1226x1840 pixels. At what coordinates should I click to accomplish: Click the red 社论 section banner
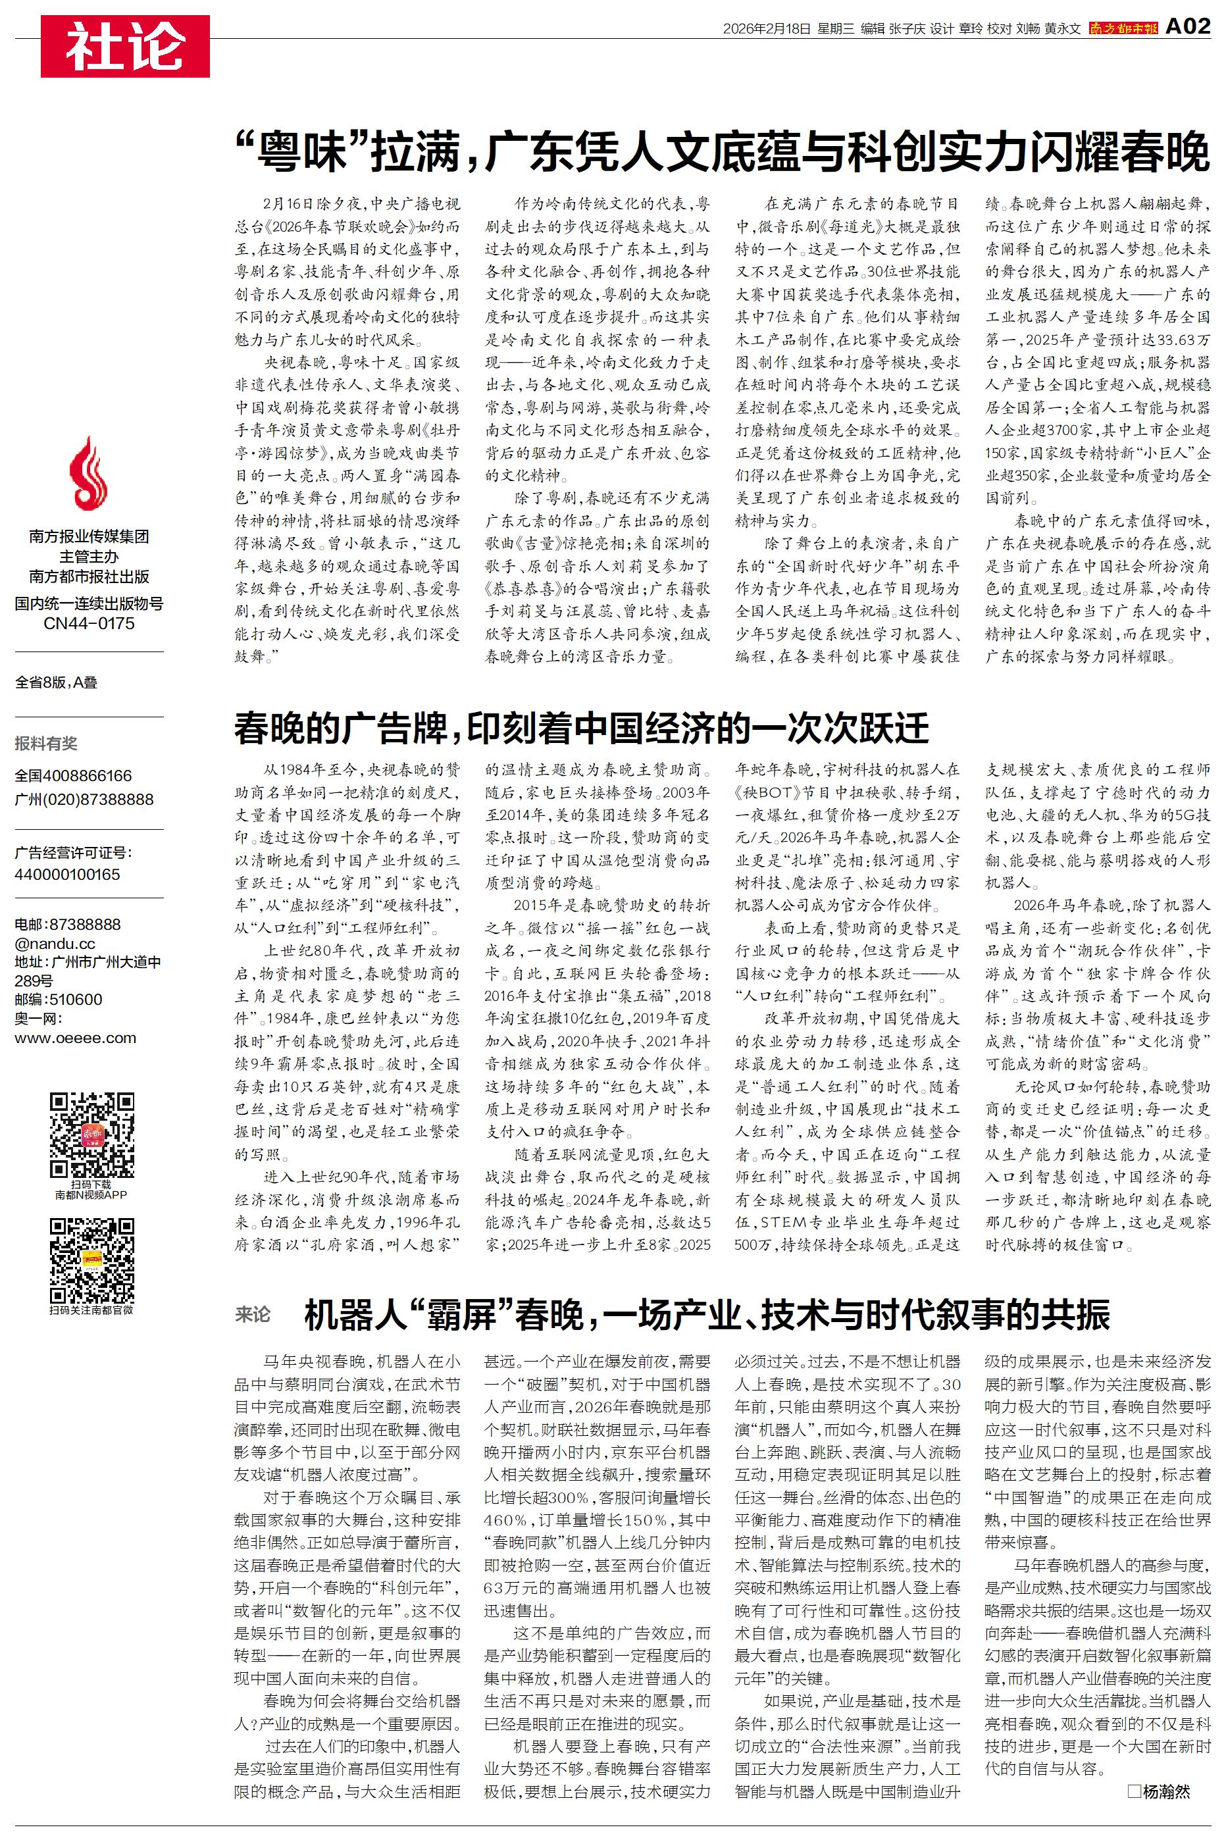pos(125,46)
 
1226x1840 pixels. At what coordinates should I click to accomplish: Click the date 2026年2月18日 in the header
pos(765,29)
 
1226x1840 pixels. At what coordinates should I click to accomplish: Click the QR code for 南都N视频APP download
pos(91,1135)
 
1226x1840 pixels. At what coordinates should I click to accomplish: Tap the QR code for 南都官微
pos(91,1259)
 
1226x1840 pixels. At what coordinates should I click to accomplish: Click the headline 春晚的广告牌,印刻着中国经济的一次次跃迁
pos(581,728)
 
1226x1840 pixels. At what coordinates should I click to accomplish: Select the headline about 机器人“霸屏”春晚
pos(706,1316)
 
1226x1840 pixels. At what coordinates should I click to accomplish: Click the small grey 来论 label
pos(253,1315)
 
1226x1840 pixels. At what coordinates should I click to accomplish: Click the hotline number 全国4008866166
pos(74,775)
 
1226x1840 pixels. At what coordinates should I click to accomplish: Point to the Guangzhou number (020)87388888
pos(84,799)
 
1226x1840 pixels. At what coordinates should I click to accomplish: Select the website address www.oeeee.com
pos(75,1038)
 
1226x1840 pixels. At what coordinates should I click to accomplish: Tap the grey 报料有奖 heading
pos(46,742)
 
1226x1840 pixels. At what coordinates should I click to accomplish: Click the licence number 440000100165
pos(67,874)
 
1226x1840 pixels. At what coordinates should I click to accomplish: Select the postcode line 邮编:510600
pos(59,999)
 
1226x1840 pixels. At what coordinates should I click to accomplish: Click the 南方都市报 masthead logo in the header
pos(1123,29)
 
